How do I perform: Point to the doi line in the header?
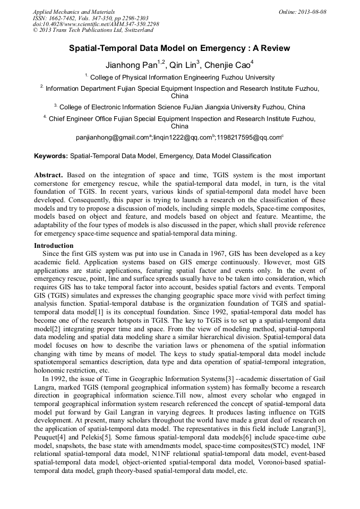click(x=96, y=24)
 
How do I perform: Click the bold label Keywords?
click(x=51, y=156)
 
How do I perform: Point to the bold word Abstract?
click(x=48, y=175)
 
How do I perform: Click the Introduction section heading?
click(x=54, y=246)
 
